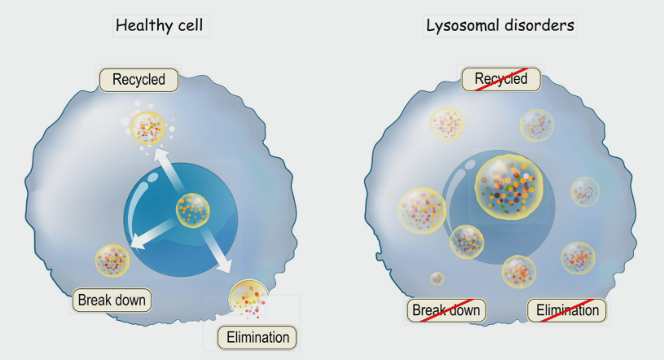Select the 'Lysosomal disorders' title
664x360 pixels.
pyautogui.click(x=500, y=24)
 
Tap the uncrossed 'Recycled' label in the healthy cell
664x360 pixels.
pyautogui.click(x=138, y=79)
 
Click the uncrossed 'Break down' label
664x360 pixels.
pyautogui.click(x=112, y=300)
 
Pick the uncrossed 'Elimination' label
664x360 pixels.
pyautogui.click(x=257, y=336)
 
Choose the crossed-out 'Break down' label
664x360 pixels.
pyautogui.click(x=446, y=310)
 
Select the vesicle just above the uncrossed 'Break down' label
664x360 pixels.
pyautogui.click(x=112, y=261)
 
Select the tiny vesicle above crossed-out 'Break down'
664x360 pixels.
pyautogui.click(x=438, y=279)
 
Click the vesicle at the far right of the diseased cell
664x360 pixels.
pyautogui.click(x=585, y=191)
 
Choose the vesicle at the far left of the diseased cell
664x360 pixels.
pyautogui.click(x=421, y=209)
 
